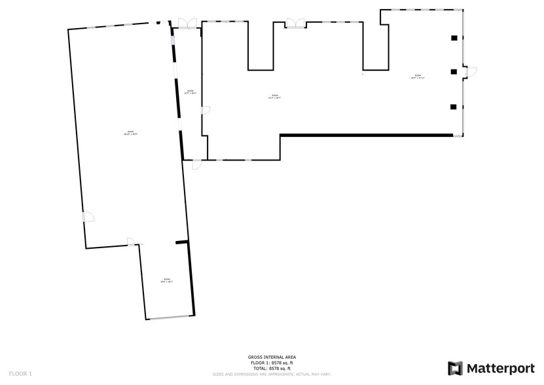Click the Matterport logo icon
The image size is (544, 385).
click(x=455, y=368)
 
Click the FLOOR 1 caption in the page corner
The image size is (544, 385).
click(x=20, y=373)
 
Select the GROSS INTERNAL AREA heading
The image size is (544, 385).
click(x=272, y=357)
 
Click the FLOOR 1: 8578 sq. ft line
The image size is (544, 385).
click(x=272, y=363)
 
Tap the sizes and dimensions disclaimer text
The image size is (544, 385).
click(x=272, y=375)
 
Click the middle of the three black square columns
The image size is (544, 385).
click(x=452, y=71)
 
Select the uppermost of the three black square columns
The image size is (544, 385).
click(x=452, y=39)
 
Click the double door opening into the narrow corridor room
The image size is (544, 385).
click(x=186, y=24)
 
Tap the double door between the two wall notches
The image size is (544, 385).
click(x=295, y=24)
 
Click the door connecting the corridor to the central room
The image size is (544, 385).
click(x=205, y=111)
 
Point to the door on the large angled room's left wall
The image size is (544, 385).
click(x=88, y=217)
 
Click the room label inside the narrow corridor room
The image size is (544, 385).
click(x=190, y=92)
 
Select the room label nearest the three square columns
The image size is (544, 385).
click(x=418, y=77)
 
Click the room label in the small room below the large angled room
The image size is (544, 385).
click(x=166, y=281)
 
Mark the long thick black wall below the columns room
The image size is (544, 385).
click(x=367, y=136)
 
